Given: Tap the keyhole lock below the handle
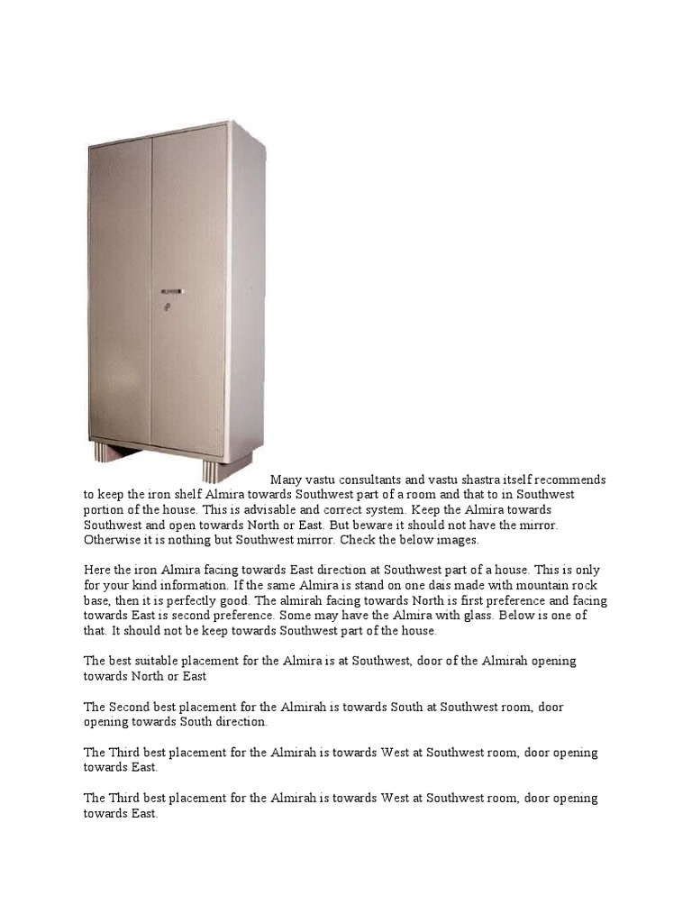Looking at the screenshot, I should [166, 308].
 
